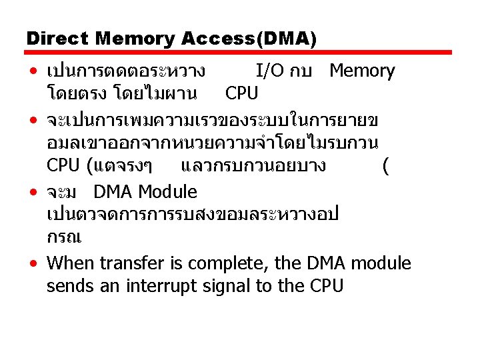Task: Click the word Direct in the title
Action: pyautogui.click(x=57, y=39)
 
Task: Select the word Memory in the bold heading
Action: pyautogui.click(x=135, y=40)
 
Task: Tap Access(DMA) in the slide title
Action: pyautogui.click(x=249, y=39)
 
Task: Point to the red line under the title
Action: pyautogui.click(x=238, y=53)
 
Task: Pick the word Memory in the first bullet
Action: pyautogui.click(x=362, y=71)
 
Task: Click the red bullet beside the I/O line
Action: pyautogui.click(x=33, y=71)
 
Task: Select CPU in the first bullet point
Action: pyautogui.click(x=241, y=93)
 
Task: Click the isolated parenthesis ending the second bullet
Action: pyautogui.click(x=386, y=166)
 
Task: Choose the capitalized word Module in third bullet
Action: pyautogui.click(x=167, y=192)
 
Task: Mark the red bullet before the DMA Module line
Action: pyautogui.click(x=33, y=192)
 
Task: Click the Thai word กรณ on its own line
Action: pyautogui.click(x=64, y=237)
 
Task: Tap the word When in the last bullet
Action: pyautogui.click(x=70, y=263)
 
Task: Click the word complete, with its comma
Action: pyautogui.click(x=228, y=264)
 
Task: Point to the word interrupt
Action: pyautogui.click(x=161, y=287)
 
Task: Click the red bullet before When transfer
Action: pyautogui.click(x=33, y=263)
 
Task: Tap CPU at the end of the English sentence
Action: pyautogui.click(x=326, y=286)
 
